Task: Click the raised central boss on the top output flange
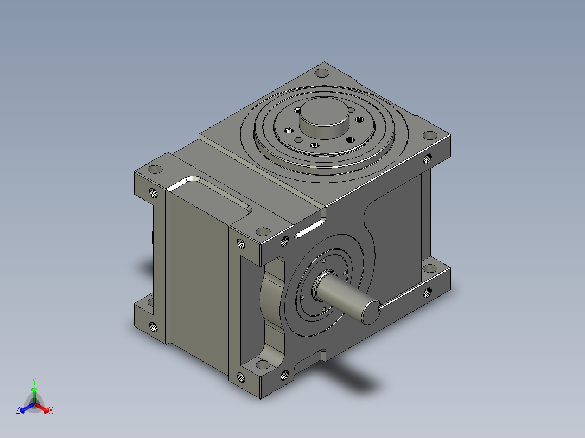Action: click(324, 118)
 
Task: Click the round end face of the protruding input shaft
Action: click(371, 312)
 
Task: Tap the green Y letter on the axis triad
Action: click(34, 381)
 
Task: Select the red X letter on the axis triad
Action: click(51, 410)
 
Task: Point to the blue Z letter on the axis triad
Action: click(18, 410)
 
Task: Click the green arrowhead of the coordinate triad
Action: click(34, 390)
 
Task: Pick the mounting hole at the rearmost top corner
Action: click(322, 73)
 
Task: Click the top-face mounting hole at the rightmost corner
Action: click(429, 136)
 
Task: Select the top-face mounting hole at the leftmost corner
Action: click(155, 170)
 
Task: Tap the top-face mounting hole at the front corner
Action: click(263, 232)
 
